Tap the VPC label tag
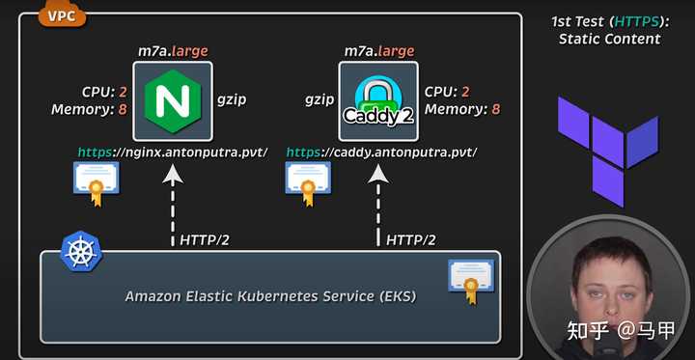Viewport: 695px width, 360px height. pyautogui.click(x=60, y=15)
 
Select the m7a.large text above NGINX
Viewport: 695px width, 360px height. pyautogui.click(x=174, y=50)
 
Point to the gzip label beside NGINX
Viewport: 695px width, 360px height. pyautogui.click(x=232, y=98)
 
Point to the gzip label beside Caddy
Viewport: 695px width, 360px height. pyautogui.click(x=320, y=98)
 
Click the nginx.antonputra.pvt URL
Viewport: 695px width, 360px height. pyautogui.click(x=171, y=152)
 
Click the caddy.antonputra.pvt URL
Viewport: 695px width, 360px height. pyautogui.click(x=381, y=152)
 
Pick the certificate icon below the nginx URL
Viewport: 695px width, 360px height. pyautogui.click(x=95, y=183)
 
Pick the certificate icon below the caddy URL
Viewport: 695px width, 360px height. pyautogui.click(x=308, y=183)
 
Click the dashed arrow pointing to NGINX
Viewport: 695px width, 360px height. pyautogui.click(x=173, y=208)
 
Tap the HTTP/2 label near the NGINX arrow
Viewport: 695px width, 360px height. pyautogui.click(x=205, y=239)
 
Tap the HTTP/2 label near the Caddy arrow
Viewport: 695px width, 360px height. pyautogui.click(x=411, y=239)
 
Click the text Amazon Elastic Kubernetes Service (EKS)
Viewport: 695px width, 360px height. pyautogui.click(x=270, y=296)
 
